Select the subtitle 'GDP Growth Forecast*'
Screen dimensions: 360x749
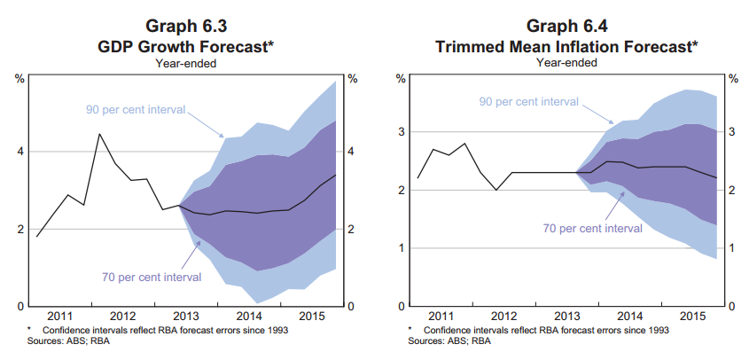186,43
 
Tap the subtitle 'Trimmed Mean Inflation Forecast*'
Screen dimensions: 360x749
566,43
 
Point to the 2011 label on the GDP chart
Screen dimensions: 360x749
60,316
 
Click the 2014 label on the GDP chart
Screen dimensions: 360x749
250,316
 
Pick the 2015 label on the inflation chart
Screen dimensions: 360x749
691,316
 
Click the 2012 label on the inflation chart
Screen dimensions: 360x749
503,316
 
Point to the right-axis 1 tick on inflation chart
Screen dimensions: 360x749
732,248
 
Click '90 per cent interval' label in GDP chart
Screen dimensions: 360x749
135,110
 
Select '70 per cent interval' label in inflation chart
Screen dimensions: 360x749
592,229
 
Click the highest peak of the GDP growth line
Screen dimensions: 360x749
99,134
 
